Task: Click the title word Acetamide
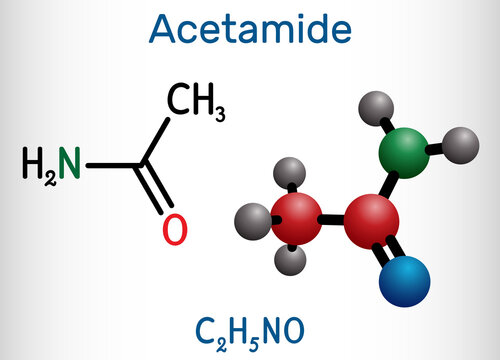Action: [x=250, y=30]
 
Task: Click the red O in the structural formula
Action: [x=173, y=230]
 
